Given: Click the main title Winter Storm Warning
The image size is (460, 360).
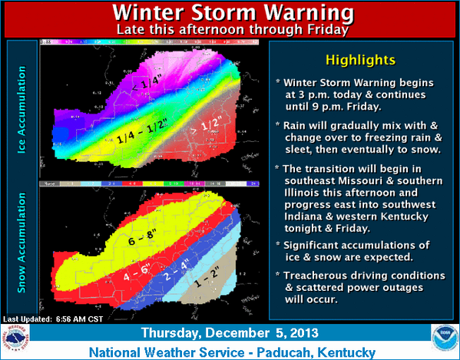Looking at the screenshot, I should pyautogui.click(x=230, y=14).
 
